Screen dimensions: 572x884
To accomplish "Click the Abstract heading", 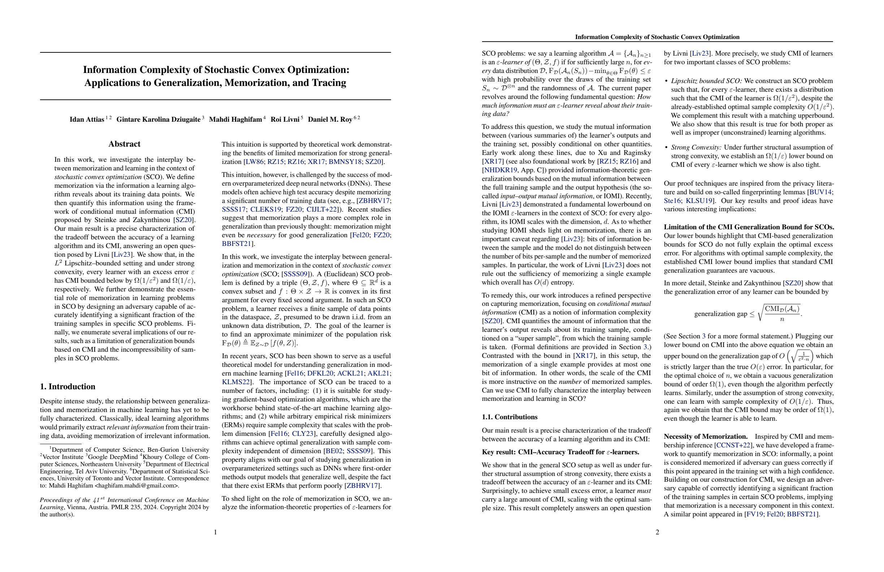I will coord(125,144).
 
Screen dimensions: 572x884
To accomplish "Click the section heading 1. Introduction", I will coord(68,387).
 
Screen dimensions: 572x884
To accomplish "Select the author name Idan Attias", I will coord(87,120).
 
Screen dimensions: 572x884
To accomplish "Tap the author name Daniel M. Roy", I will coord(330,120).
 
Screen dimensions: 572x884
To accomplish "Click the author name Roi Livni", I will coord(285,120).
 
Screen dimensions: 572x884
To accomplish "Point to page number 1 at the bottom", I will coord(216,532).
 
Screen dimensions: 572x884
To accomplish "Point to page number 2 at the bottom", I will coord(657,532).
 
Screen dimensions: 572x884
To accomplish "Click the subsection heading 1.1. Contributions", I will coord(510,417).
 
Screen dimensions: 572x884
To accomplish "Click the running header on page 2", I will coord(657,37).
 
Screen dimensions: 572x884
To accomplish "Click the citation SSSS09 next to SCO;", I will coord(296,274).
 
